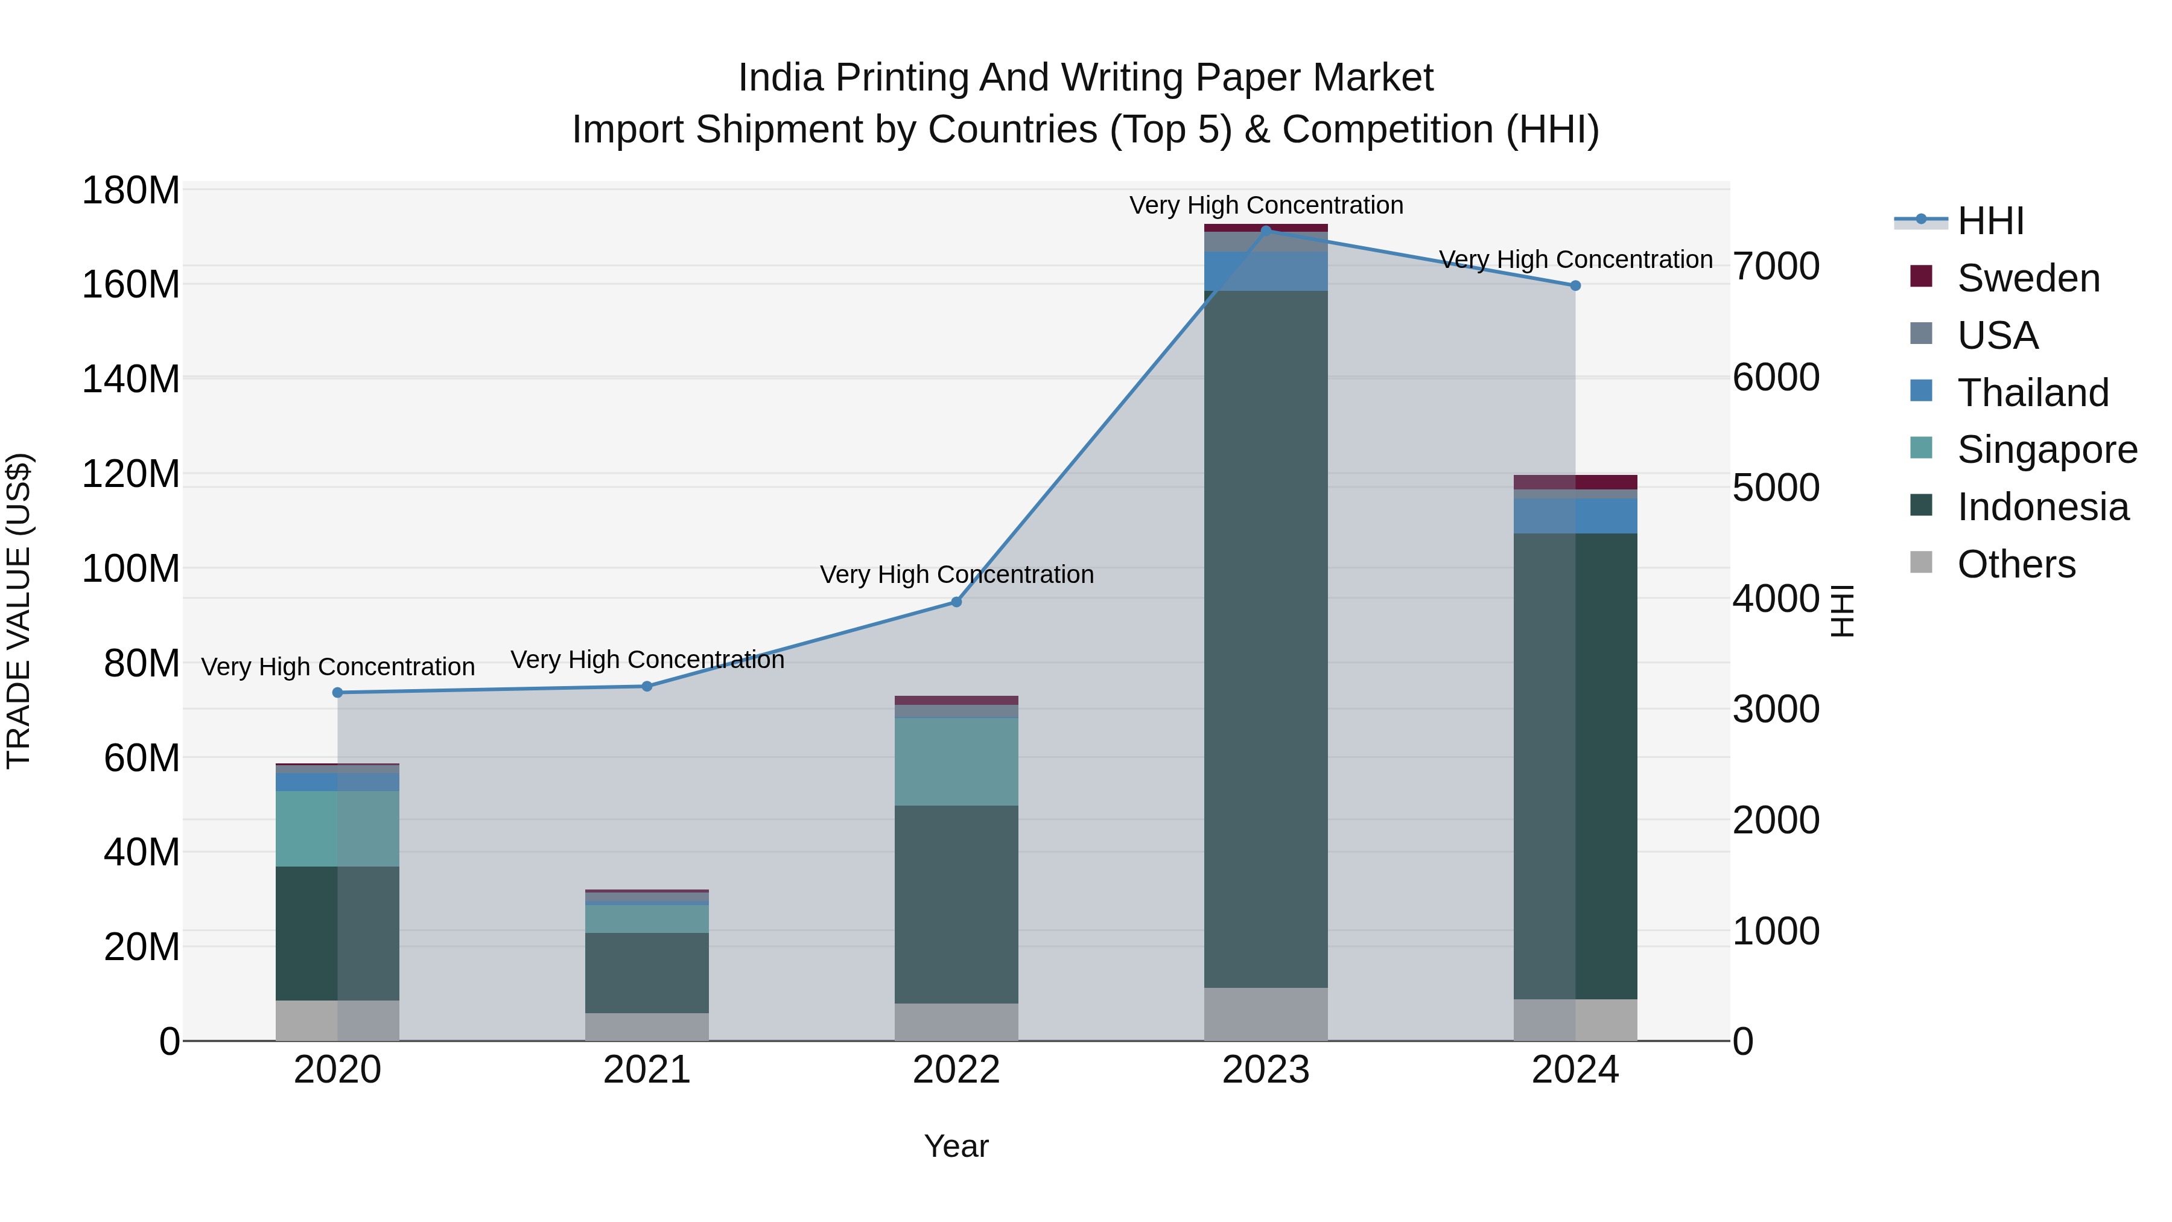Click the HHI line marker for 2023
(x=1266, y=231)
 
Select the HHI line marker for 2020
(x=337, y=692)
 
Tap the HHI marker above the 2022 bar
(x=956, y=602)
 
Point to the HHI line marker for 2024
(x=1575, y=286)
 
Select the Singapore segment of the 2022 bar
(x=956, y=762)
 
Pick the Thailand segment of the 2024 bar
(x=1575, y=515)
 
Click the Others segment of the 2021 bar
(x=647, y=1026)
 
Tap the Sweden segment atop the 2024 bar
(x=1575, y=482)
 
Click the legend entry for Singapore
(x=2047, y=450)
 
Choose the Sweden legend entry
(x=2028, y=278)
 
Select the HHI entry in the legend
(x=1990, y=221)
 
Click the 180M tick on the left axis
(x=131, y=191)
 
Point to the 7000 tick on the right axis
(x=1776, y=267)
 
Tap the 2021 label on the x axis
(x=647, y=1070)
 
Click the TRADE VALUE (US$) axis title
(x=19, y=611)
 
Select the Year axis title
(x=956, y=1146)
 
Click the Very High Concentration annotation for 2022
(x=956, y=574)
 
